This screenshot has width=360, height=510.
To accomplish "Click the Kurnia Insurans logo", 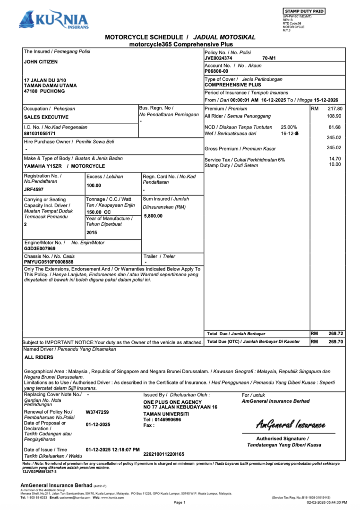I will click(x=53, y=20).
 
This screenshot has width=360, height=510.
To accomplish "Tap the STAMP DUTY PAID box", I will click(x=304, y=11).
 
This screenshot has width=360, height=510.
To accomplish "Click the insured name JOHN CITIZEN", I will click(x=41, y=62).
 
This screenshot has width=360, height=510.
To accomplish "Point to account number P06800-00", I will click(x=216, y=71).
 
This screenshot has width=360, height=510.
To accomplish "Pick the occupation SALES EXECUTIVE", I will click(x=46, y=117).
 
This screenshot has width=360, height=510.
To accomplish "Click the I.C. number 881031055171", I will click(x=39, y=134).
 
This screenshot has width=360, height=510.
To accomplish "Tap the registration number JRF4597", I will click(x=34, y=189).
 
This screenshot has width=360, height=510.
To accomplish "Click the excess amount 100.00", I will click(x=94, y=186).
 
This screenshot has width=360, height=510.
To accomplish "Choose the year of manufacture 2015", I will click(x=92, y=233).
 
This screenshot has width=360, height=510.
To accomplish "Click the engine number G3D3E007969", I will click(x=40, y=248).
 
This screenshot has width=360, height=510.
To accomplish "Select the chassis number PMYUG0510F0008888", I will click(x=49, y=262).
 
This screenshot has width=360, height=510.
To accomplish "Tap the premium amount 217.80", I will click(x=334, y=109).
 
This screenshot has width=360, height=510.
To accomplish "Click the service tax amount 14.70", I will click(x=335, y=159).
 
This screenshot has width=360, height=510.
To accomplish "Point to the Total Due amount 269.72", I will click(x=335, y=333).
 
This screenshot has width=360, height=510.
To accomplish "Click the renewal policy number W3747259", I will click(x=97, y=412).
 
